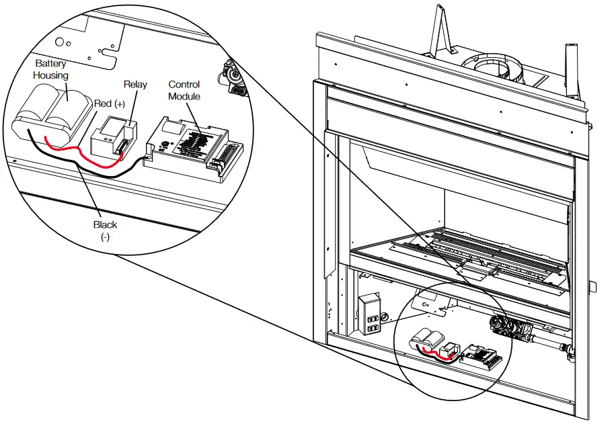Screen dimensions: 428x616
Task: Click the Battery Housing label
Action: [x=52, y=69]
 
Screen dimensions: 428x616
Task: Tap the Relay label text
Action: [x=135, y=85]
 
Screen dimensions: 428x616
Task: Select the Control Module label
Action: [x=184, y=90]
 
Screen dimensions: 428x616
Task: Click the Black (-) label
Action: [x=106, y=230]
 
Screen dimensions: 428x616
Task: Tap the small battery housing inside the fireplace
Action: [x=428, y=339]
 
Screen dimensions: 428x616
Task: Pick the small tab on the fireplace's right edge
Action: [x=592, y=287]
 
